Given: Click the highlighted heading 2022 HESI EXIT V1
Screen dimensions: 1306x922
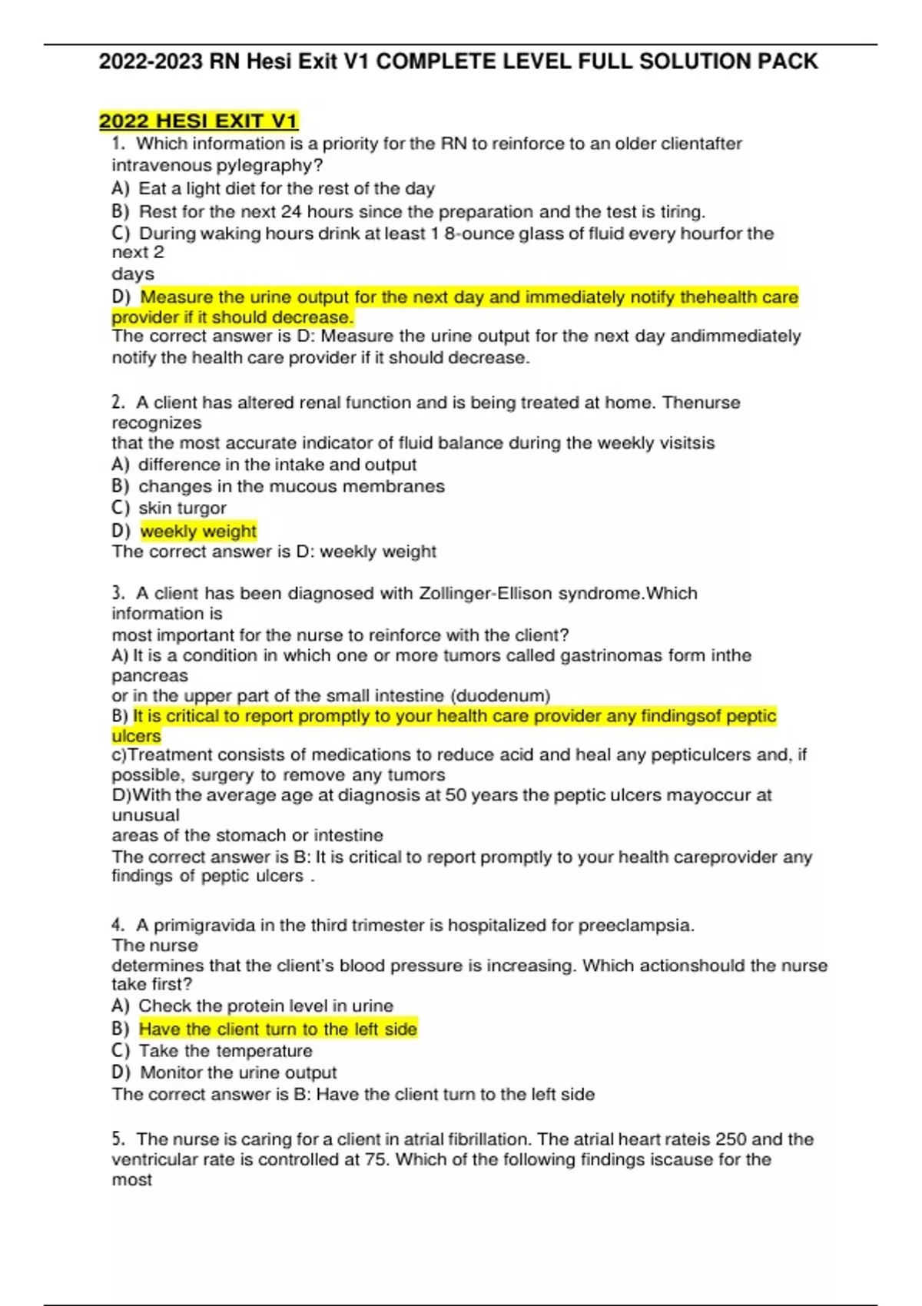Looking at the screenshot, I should click(x=198, y=121).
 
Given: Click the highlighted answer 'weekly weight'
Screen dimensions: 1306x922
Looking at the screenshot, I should click(x=198, y=531).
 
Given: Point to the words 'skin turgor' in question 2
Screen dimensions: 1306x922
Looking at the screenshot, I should click(x=182, y=508).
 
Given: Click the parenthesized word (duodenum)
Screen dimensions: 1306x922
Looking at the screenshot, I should click(x=500, y=695).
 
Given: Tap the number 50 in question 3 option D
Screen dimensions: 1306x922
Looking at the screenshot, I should click(x=456, y=794).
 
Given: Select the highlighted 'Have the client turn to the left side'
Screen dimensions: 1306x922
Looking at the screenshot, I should click(x=278, y=1029).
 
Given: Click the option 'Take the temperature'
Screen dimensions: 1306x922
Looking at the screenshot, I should click(x=225, y=1050).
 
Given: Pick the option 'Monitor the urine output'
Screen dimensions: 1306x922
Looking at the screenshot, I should click(x=238, y=1072).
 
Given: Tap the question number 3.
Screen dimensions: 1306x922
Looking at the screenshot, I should click(x=118, y=593).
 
